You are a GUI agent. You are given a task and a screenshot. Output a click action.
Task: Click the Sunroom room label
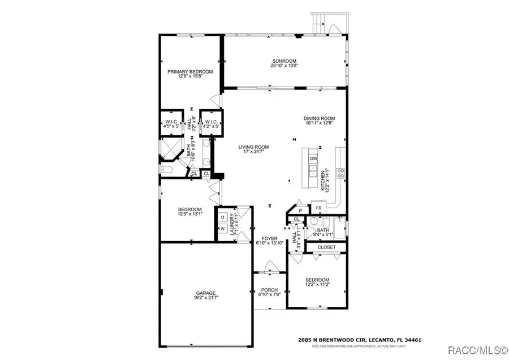284,61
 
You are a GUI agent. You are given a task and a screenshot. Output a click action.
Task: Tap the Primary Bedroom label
189,72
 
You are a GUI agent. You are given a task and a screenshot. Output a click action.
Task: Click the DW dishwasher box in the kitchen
314,158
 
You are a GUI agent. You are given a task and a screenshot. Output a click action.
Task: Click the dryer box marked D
222,217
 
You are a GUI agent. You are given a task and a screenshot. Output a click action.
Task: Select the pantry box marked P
300,210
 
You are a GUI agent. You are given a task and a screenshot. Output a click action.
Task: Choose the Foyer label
269,238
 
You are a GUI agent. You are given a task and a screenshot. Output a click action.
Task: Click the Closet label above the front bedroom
326,247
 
